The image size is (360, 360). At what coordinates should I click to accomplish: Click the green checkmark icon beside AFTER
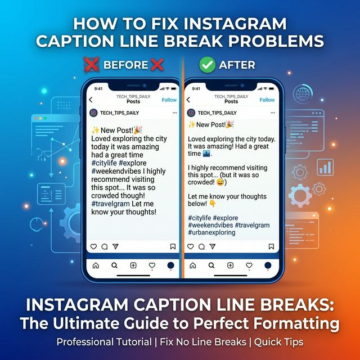tap(207, 65)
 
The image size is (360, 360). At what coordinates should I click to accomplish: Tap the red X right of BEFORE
tap(157, 65)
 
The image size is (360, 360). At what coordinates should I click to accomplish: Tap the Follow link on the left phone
tap(169, 100)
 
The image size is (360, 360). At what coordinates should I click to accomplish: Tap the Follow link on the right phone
tap(267, 100)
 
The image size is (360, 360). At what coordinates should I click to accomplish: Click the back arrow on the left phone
tap(91, 100)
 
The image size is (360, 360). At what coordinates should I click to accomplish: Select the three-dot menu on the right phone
tap(272, 112)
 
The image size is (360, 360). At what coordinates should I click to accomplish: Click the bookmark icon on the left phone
tap(173, 246)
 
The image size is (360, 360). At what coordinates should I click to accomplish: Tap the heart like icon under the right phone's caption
tap(191, 246)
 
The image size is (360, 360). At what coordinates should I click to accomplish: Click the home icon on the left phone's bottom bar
tap(96, 265)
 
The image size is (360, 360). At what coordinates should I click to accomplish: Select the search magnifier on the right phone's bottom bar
tap(211, 265)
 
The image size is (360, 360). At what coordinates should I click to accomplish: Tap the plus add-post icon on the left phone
tap(133, 265)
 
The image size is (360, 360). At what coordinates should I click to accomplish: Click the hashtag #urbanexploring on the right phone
tap(211, 232)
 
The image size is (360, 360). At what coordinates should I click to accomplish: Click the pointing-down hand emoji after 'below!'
tap(213, 204)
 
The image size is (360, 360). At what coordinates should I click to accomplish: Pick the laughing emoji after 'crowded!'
tap(220, 182)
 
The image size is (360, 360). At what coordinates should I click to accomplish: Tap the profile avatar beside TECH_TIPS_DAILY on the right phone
tap(191, 112)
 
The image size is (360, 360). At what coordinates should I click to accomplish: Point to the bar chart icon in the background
tap(325, 167)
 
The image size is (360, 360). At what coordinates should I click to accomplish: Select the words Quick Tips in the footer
tap(278, 342)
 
